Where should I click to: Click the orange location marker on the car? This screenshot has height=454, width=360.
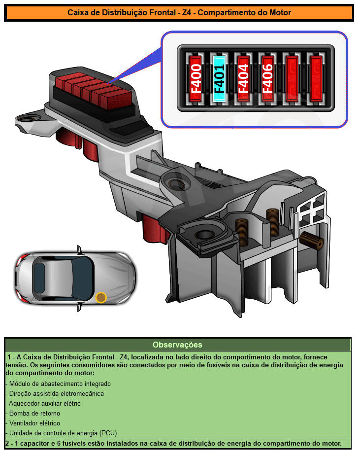coord(101,297)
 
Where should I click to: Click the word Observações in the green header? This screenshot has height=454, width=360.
coord(178,345)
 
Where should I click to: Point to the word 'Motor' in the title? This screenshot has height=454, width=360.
coord(280,13)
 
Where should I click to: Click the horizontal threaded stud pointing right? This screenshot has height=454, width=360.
coord(312,240)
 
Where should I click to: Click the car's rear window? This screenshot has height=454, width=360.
coord(39,278)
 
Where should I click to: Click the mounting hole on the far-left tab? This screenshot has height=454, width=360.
coord(29,119)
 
